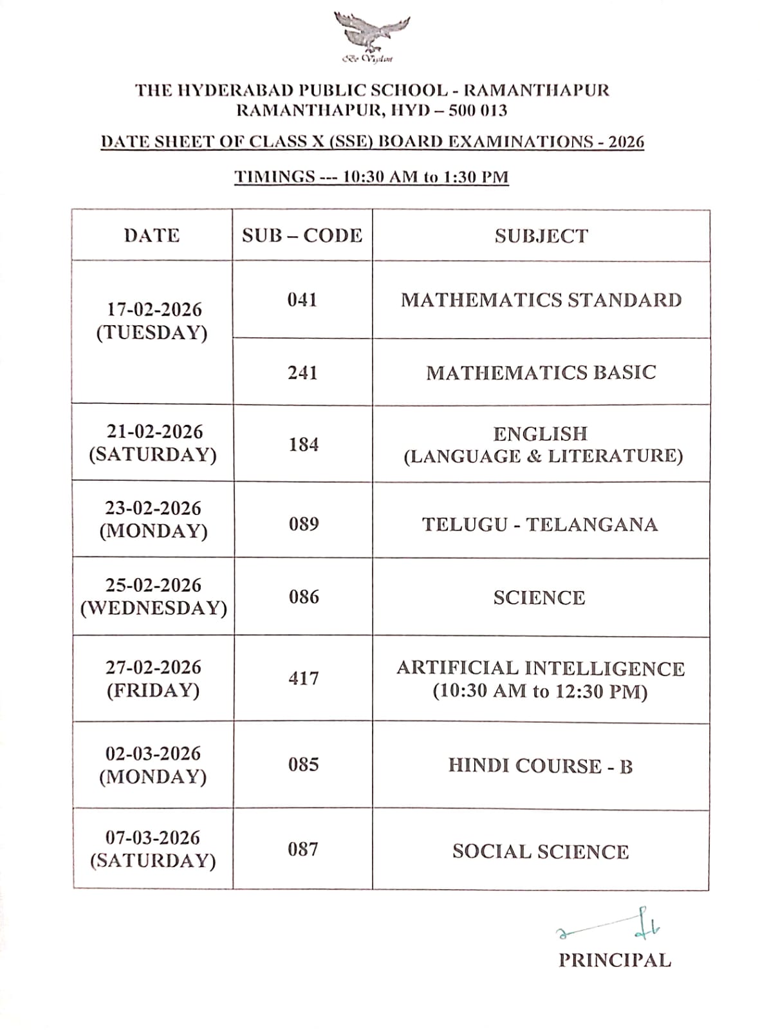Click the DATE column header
coord(152,236)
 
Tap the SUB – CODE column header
coord(302,236)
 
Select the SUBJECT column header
coord(541,236)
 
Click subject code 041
coord(302,300)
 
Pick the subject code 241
coord(302,373)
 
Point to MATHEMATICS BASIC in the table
coord(541,373)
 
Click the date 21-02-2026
coord(154,431)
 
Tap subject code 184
coord(303,444)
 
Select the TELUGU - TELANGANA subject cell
coord(540,525)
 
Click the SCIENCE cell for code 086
coord(539,598)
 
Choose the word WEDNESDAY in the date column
coord(154,608)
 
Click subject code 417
coord(303,679)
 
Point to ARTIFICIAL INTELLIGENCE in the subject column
coord(541,668)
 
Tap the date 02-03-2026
coord(153,753)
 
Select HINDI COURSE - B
coord(541,766)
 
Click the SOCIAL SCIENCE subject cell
coord(541,852)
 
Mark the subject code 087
coord(303,850)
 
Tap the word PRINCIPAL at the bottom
coord(615,960)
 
